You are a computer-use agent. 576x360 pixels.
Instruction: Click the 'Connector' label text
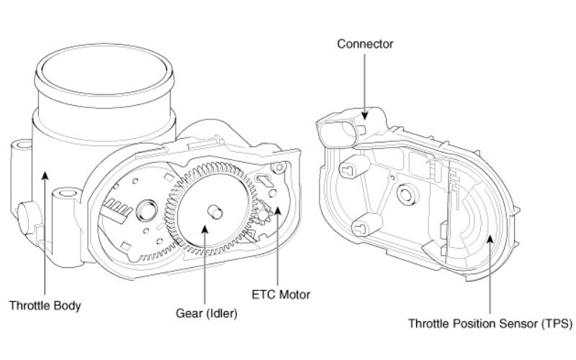366,45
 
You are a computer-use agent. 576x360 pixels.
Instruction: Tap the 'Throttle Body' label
45,305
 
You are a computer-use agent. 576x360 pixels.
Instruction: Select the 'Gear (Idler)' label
206,314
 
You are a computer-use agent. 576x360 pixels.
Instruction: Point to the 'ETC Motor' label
281,294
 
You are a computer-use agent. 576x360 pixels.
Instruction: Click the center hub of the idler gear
213,211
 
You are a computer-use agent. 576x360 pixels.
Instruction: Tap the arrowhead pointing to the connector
366,116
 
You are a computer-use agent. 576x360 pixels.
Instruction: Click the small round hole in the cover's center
405,193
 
